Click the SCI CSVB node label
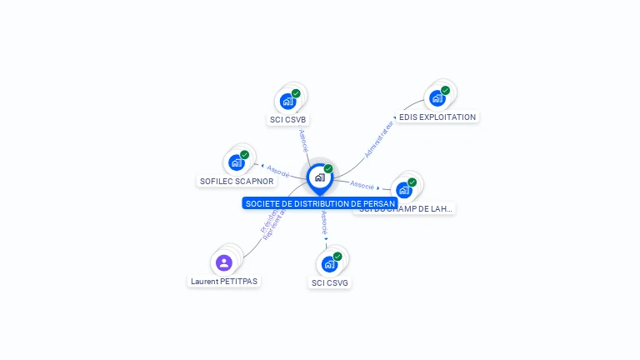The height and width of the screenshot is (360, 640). [288, 120]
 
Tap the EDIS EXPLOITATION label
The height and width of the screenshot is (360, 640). [437, 117]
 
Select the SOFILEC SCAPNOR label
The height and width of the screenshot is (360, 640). [237, 181]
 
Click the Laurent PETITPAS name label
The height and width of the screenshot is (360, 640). [224, 282]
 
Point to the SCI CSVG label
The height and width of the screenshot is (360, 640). [330, 283]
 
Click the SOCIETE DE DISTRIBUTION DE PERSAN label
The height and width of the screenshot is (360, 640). [320, 203]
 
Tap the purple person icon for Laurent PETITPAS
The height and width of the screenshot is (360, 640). [223, 262]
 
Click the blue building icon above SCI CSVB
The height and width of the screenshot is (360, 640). [287, 102]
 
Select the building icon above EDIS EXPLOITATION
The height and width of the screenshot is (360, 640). [437, 98]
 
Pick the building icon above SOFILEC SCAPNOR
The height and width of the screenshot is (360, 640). [236, 162]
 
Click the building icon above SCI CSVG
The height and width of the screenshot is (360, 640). [329, 265]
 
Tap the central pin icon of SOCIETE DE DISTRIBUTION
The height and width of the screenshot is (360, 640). [319, 177]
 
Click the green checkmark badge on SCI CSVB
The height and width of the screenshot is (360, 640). [296, 93]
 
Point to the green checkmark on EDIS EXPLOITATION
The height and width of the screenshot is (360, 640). [445, 90]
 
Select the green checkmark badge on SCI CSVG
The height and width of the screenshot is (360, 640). [337, 257]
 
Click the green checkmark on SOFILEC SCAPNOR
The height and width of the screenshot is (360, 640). [244, 154]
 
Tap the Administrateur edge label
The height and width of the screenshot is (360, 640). [379, 138]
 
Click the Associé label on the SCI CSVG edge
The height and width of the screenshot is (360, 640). [323, 224]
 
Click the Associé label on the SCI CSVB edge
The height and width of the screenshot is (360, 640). [304, 140]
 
